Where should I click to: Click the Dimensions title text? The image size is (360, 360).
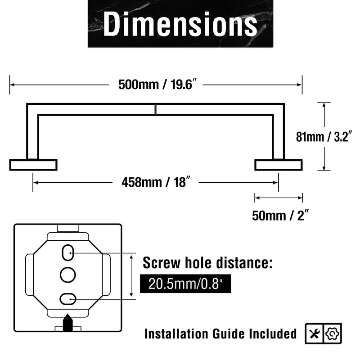(180, 24)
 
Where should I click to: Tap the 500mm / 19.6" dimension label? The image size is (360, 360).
(157, 84)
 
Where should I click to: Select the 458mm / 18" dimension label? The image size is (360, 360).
(156, 182)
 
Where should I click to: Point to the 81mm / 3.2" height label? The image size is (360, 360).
(324, 137)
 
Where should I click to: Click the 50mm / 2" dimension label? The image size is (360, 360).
(280, 216)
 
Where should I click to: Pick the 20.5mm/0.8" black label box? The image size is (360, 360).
(185, 283)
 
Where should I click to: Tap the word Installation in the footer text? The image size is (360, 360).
(176, 333)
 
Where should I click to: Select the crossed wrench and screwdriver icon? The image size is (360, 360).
(314, 333)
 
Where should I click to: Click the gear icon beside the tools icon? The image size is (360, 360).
(332, 333)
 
